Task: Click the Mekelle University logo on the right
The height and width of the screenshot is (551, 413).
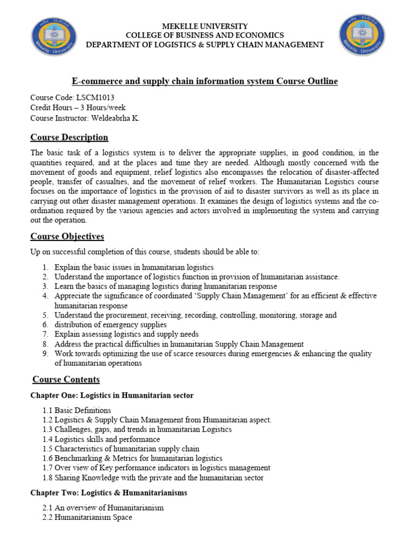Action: pyautogui.click(x=362, y=35)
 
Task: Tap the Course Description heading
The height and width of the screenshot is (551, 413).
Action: pyautogui.click(x=69, y=137)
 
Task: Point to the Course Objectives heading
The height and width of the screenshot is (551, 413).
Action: pyautogui.click(x=67, y=236)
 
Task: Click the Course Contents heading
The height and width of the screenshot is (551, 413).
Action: pyautogui.click(x=66, y=379)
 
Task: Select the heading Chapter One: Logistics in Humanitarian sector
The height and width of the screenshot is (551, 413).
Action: pyautogui.click(x=112, y=395)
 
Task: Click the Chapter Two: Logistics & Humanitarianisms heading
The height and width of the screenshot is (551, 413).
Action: pyautogui.click(x=109, y=492)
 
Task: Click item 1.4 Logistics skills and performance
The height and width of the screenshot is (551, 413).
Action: pyautogui.click(x=101, y=439)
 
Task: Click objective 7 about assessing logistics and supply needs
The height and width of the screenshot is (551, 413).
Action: pyautogui.click(x=126, y=334)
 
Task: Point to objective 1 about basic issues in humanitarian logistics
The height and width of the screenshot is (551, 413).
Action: pyautogui.click(x=134, y=267)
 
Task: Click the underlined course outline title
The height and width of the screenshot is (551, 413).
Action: pyautogui.click(x=205, y=81)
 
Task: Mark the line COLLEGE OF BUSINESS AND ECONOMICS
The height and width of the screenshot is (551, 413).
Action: pyautogui.click(x=205, y=36)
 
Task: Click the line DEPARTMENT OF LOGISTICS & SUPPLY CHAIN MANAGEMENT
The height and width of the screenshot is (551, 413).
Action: pyautogui.click(x=205, y=45)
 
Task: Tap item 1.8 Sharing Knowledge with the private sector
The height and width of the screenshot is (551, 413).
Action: pyautogui.click(x=153, y=478)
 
